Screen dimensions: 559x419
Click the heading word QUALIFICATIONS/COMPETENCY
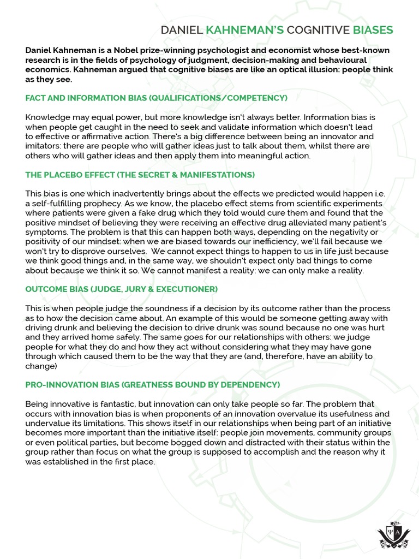pos(220,98)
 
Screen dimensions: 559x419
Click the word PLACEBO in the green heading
pos(65,175)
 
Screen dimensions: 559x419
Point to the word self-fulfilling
pos(53,203)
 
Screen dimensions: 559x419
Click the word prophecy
pos(100,203)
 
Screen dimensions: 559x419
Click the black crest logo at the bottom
pos(392,533)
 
